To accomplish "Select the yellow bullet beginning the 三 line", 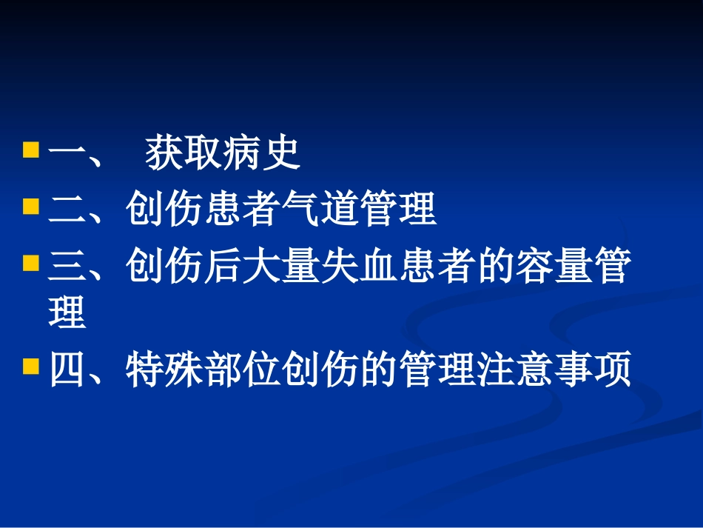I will (x=31, y=262).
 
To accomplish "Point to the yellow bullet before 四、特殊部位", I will (x=31, y=367).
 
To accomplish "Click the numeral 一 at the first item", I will (x=67, y=155).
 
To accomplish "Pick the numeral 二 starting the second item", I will (x=67, y=210).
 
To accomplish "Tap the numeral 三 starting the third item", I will (x=67, y=267).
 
